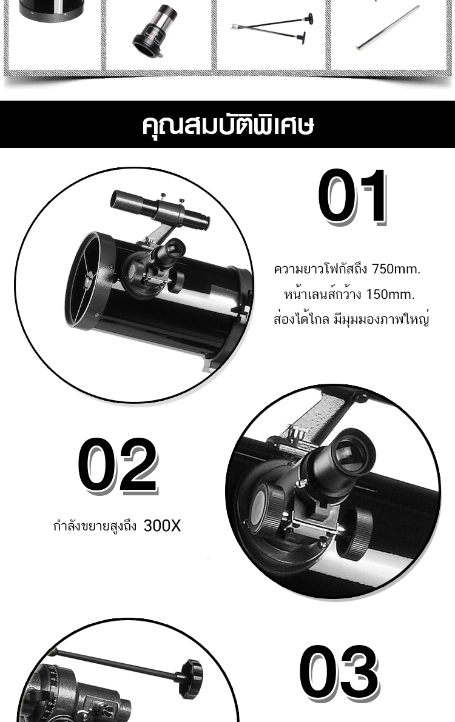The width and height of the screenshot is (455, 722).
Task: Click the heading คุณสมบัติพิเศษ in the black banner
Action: click(x=227, y=124)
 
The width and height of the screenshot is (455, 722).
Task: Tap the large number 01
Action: click(x=352, y=196)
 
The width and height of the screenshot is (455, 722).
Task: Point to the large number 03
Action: click(x=339, y=672)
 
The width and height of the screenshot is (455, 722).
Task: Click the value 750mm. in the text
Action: click(x=396, y=269)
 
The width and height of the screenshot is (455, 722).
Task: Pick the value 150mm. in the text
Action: click(x=391, y=294)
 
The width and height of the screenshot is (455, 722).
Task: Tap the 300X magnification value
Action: click(x=162, y=526)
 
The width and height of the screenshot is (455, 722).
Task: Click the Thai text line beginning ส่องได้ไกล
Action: click(x=351, y=319)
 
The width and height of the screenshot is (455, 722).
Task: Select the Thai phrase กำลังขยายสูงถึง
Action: click(x=95, y=526)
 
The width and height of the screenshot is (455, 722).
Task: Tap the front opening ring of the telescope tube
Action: click(x=90, y=280)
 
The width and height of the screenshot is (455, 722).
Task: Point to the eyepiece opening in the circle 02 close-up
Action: click(x=351, y=454)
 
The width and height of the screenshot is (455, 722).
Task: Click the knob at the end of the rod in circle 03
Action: click(x=191, y=672)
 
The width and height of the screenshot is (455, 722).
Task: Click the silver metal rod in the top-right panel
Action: click(x=388, y=27)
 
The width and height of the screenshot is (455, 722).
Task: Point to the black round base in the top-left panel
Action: click(x=52, y=10)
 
